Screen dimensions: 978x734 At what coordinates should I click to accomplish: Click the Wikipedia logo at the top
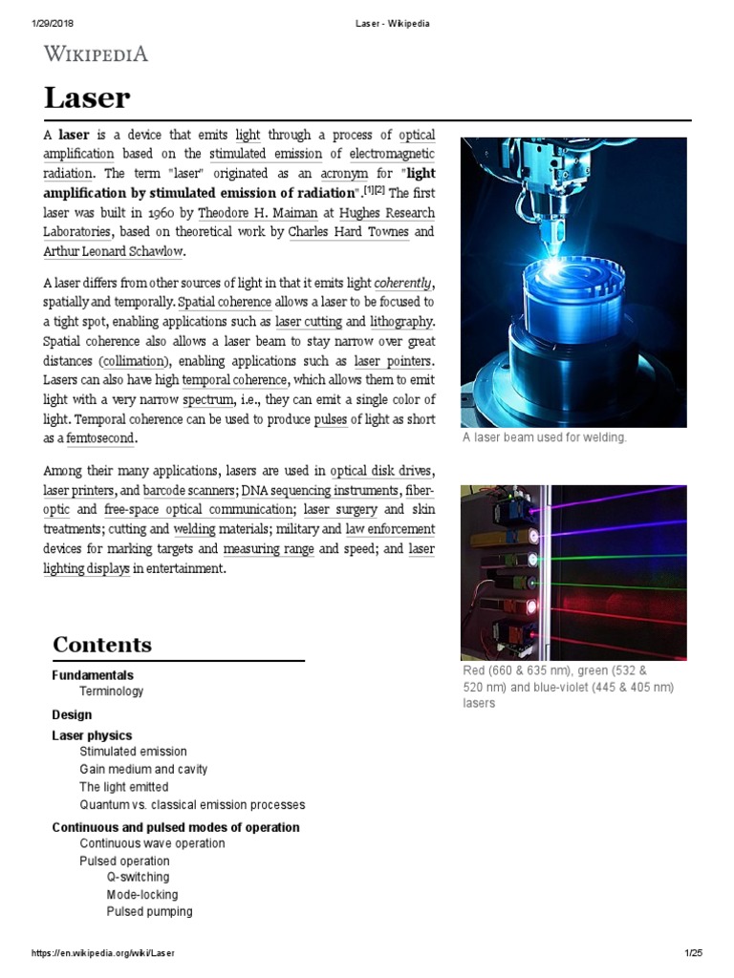coord(96,53)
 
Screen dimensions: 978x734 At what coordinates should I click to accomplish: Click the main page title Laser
coord(87,97)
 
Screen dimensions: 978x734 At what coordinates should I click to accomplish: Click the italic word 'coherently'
coord(403,284)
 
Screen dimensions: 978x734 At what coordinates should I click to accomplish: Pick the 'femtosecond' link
coord(101,437)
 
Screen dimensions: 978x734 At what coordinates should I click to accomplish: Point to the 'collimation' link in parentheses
coord(134,361)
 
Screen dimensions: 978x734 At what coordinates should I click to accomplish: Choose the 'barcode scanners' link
coord(191,491)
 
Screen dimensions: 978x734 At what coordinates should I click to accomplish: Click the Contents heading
coord(101,645)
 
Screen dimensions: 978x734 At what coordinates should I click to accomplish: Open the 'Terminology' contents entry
coord(112,691)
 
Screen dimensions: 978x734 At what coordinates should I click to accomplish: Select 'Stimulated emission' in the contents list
coord(133,752)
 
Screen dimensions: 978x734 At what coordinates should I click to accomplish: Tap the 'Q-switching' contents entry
coord(138,877)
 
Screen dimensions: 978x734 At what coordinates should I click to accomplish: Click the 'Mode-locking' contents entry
coord(141,895)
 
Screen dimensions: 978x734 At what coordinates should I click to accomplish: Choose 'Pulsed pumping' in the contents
coord(149,912)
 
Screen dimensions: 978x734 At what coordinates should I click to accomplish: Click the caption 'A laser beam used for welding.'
coord(544,438)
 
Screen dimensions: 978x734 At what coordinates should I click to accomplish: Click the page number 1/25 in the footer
coord(693,953)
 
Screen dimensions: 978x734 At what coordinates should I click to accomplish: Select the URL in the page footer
coord(103,953)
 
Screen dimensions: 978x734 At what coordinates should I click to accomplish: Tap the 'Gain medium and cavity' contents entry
coord(143,770)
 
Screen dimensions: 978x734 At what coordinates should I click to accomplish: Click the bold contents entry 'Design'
coord(72,714)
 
